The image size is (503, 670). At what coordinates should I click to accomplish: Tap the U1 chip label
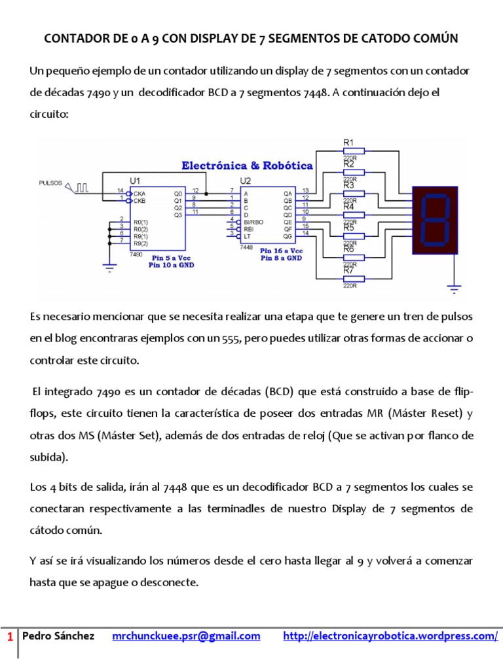click(x=136, y=180)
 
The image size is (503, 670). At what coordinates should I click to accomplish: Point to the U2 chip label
click(x=246, y=180)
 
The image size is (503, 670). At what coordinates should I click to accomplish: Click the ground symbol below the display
click(x=452, y=285)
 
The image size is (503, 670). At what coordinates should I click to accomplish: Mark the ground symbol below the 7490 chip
click(x=109, y=264)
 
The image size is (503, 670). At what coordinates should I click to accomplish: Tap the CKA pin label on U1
click(x=140, y=194)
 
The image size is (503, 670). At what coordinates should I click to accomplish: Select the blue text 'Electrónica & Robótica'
click(x=247, y=166)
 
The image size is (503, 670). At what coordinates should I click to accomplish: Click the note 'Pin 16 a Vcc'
click(x=282, y=251)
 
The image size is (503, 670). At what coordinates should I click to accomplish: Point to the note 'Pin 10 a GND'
click(x=171, y=265)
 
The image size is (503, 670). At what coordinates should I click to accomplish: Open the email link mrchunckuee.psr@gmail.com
click(x=187, y=636)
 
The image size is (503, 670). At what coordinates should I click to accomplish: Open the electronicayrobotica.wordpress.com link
click(x=390, y=636)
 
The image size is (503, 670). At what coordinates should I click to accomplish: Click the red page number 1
click(x=10, y=637)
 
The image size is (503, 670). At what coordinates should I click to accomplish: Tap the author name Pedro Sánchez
click(x=58, y=636)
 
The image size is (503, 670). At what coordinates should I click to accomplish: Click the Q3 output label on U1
click(x=178, y=214)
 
